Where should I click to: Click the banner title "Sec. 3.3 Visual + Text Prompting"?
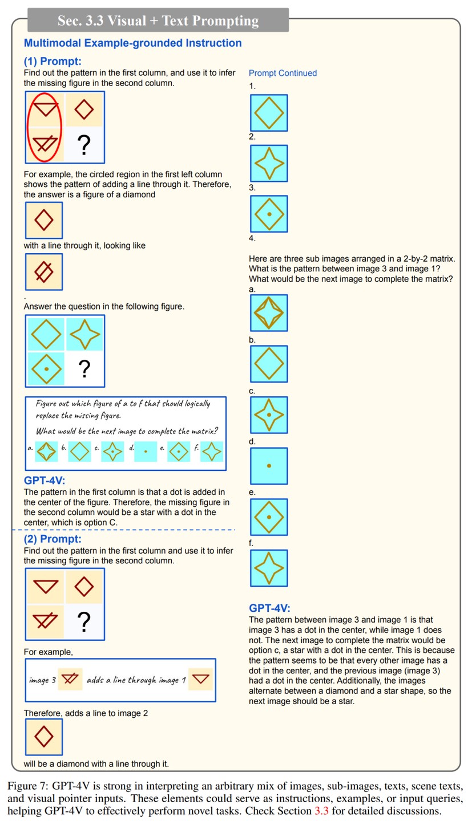click(158, 21)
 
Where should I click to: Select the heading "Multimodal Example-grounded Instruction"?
click(132, 43)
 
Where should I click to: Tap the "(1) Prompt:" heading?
click(53, 61)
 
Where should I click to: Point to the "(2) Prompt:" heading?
click(53, 539)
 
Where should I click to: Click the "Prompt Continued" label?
click(283, 73)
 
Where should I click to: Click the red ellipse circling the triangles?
click(45, 127)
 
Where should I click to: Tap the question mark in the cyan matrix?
click(84, 369)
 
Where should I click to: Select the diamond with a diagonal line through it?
click(44, 272)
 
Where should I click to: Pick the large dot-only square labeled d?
click(269, 466)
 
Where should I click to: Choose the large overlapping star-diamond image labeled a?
click(269, 313)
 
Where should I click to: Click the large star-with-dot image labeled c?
click(269, 415)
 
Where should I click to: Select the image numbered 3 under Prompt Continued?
click(269, 214)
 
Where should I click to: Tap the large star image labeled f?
click(269, 568)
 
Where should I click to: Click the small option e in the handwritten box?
click(179, 452)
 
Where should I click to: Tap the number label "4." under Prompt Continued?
click(252, 238)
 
